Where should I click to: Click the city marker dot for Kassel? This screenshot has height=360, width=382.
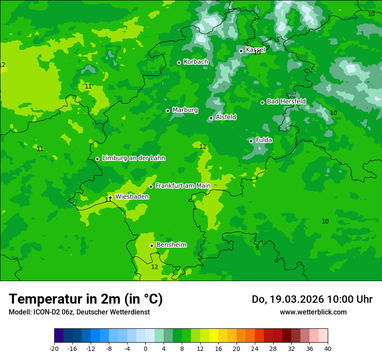[x=241, y=51]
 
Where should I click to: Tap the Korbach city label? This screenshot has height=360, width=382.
[x=196, y=62]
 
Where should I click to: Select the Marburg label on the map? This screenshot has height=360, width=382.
[x=185, y=110]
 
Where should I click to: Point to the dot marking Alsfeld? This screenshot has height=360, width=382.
[x=211, y=118]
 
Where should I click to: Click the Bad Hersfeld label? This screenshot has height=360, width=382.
[x=286, y=101]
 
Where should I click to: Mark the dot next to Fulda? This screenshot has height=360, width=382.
[x=251, y=141]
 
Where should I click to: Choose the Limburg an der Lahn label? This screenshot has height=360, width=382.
[x=133, y=158]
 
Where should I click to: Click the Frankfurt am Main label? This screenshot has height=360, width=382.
[x=183, y=186]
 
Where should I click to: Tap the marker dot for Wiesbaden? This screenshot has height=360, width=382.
[x=111, y=197]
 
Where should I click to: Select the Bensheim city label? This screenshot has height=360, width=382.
[x=171, y=245]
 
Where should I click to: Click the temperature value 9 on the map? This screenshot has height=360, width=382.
[x=257, y=248]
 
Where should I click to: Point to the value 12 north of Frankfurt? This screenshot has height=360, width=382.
[x=203, y=147]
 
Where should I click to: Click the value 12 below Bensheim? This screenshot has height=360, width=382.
[x=155, y=267]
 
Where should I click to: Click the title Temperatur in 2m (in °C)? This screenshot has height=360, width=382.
[x=86, y=299]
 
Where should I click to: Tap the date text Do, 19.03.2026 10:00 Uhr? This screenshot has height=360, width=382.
[x=312, y=299]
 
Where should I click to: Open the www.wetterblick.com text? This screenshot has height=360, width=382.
[x=313, y=312]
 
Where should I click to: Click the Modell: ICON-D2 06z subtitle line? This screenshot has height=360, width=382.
[x=79, y=312]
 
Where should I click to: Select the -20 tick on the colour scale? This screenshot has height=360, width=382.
[x=54, y=348]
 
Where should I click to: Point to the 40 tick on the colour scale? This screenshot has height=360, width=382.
[x=328, y=348]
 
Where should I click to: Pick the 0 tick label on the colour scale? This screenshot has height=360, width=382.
[x=145, y=348]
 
